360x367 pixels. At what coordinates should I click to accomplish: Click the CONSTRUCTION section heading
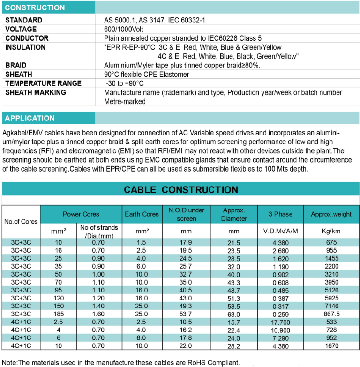tap(35, 7)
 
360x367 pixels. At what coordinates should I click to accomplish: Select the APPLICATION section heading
tap(30, 118)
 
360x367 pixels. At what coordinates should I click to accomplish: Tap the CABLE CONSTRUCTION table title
tap(181, 189)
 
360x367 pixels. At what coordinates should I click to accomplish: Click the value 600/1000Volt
tap(124, 29)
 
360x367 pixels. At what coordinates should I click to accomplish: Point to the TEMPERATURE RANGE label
tap(43, 83)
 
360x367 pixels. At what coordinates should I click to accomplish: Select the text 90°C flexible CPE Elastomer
tap(147, 75)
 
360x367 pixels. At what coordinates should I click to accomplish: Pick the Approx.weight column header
tap(331, 214)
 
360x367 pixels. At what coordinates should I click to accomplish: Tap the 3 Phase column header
tap(280, 214)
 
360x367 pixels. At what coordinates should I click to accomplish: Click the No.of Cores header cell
tap(21, 221)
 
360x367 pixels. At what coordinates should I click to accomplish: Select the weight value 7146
tap(331, 306)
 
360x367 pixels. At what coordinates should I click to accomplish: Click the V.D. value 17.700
tap(280, 322)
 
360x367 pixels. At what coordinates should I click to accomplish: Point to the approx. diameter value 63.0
tap(233, 315)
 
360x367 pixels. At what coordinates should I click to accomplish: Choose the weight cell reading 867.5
tap(331, 314)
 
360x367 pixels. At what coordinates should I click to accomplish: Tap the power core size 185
tap(59, 314)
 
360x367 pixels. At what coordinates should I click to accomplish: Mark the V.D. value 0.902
tap(280, 274)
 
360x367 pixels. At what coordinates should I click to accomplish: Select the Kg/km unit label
tap(331, 232)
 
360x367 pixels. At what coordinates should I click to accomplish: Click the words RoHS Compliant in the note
tap(214, 362)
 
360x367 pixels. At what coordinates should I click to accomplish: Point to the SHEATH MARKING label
tap(36, 92)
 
